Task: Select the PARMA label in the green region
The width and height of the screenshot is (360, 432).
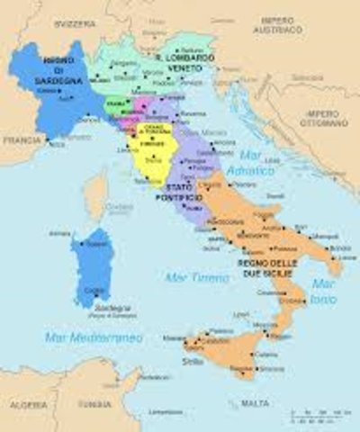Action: [x=113, y=104]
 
